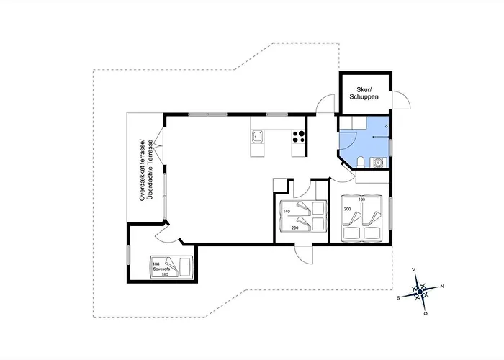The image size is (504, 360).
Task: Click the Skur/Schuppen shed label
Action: click(364, 91)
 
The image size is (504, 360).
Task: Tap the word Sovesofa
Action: click(161, 268)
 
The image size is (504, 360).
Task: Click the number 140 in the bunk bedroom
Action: click(286, 212)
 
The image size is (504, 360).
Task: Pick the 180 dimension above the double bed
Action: click(362, 199)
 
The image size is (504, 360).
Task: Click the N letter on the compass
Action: click(441, 287)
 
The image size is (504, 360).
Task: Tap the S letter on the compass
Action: click(398, 296)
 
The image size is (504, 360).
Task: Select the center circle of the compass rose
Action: click(420, 292)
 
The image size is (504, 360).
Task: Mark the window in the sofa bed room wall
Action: click(128, 255)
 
